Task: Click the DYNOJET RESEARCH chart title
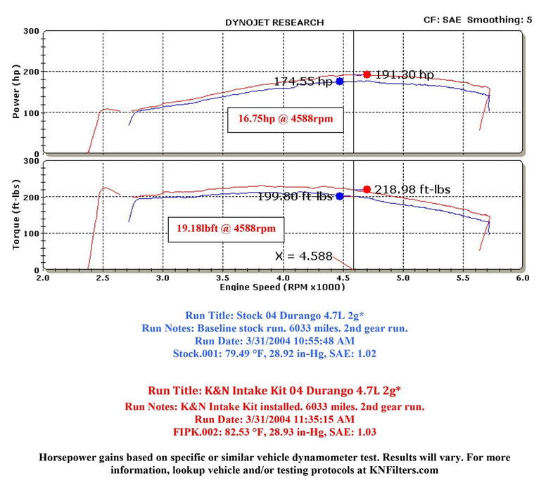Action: click(274, 22)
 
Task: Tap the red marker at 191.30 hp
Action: click(367, 74)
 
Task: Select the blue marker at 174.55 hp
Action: click(340, 82)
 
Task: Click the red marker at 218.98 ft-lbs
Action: click(367, 189)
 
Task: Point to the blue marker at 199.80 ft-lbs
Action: click(340, 196)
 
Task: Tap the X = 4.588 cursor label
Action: click(303, 257)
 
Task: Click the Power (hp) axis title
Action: click(16, 92)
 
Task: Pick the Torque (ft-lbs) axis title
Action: click(16, 215)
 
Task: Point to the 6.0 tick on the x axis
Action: click(521, 278)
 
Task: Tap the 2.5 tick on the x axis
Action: click(103, 278)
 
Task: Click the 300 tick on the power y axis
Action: click(30, 32)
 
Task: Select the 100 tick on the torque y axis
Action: click(30, 233)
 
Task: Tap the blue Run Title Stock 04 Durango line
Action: click(274, 316)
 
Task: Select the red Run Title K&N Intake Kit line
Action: click(274, 390)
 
